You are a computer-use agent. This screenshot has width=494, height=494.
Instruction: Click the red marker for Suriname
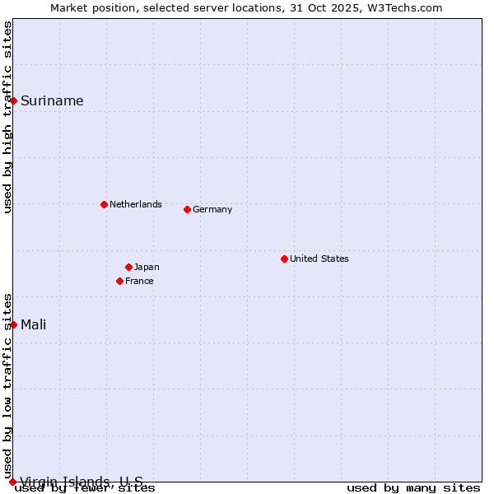(x=14, y=100)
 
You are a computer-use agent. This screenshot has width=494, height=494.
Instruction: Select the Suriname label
(x=52, y=101)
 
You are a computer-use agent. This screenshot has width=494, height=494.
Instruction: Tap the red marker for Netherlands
(x=104, y=204)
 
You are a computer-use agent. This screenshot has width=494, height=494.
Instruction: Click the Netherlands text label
(x=136, y=204)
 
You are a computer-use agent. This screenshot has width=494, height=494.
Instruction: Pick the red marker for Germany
(x=187, y=209)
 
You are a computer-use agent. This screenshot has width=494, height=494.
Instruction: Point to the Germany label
(x=212, y=209)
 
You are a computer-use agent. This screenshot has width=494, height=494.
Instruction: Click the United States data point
(x=284, y=259)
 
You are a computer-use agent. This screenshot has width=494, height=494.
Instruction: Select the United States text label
(x=319, y=259)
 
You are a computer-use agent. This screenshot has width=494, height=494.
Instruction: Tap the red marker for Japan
(x=128, y=267)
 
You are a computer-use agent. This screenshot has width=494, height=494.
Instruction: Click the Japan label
(x=147, y=267)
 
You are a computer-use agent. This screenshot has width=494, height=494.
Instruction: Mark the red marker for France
(x=119, y=281)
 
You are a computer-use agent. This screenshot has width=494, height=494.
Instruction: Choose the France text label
(x=139, y=281)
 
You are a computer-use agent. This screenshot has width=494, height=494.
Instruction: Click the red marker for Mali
(x=14, y=324)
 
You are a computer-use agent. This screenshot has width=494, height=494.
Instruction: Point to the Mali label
(x=34, y=324)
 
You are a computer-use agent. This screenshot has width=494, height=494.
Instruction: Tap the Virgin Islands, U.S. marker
(x=12, y=482)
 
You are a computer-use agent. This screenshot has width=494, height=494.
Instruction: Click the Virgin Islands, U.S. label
(x=82, y=481)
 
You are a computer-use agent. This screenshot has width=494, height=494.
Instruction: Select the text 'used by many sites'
(x=413, y=488)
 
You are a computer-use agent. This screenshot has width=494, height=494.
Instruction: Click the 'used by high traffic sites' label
(x=8, y=117)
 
